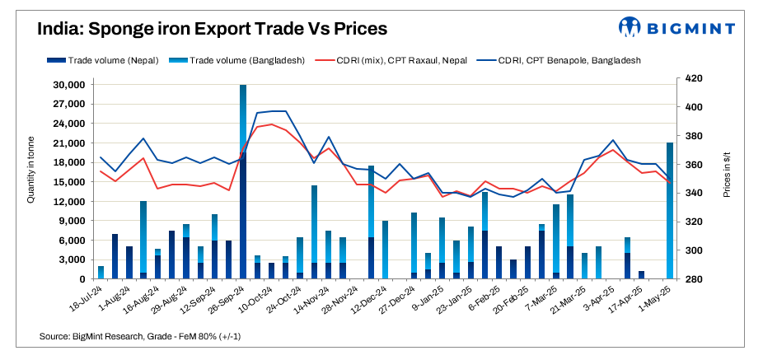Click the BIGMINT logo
click(x=676, y=27)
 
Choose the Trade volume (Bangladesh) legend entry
click(x=240, y=60)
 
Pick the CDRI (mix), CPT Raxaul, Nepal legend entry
click(x=405, y=60)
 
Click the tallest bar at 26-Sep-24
click(x=243, y=181)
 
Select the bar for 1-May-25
click(x=670, y=211)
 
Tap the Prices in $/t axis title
click(x=727, y=178)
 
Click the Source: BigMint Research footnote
click(x=140, y=337)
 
